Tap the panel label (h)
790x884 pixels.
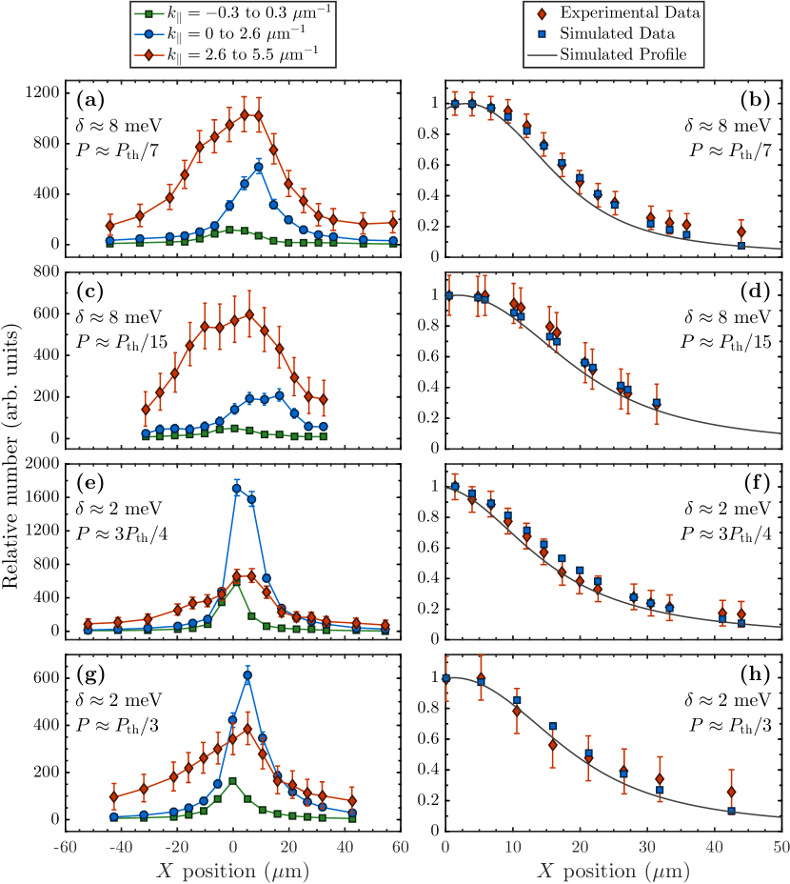(x=757, y=673)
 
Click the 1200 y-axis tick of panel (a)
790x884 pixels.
(x=41, y=92)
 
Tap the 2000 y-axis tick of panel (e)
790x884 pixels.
(x=41, y=463)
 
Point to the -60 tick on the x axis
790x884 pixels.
(x=65, y=847)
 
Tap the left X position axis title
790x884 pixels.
(x=232, y=870)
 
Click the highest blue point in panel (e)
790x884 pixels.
(x=237, y=489)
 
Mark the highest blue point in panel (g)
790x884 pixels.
(x=247, y=675)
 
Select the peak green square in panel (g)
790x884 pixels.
(x=233, y=781)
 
